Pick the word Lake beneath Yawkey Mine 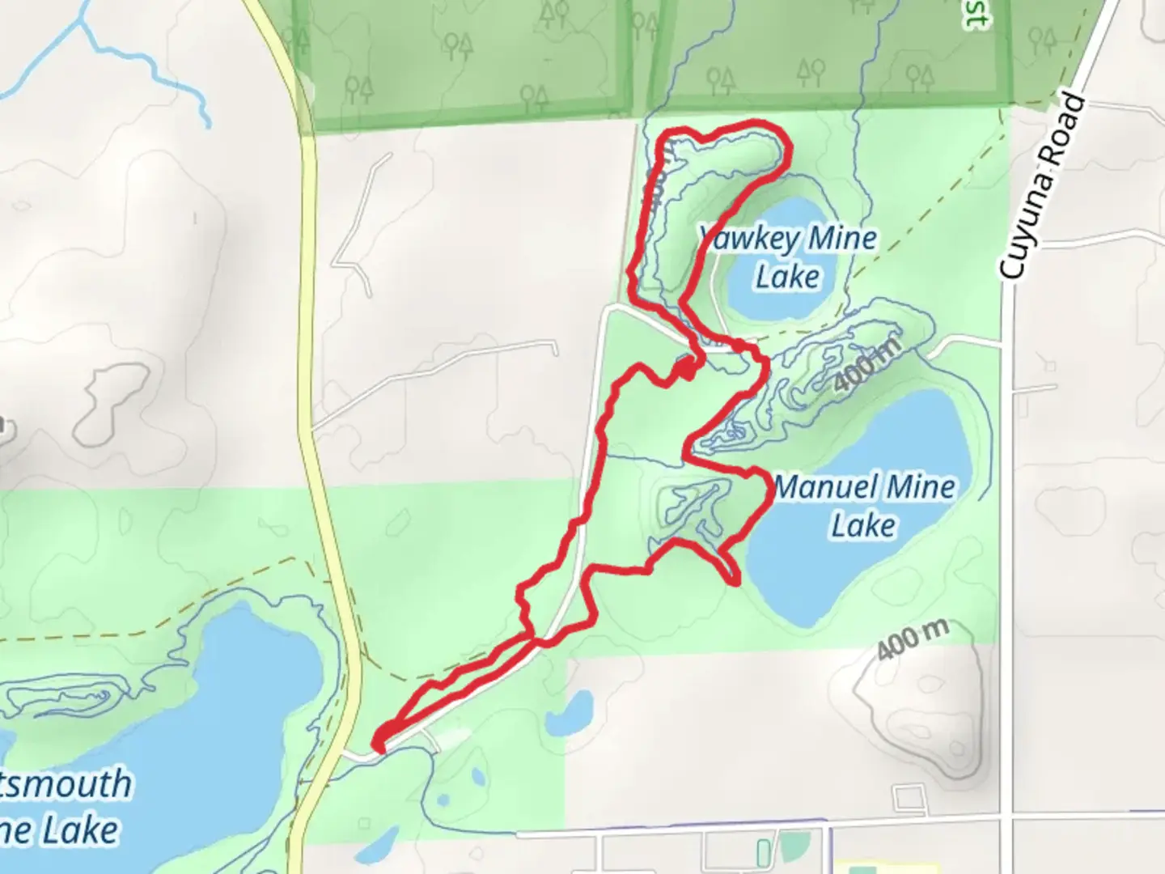[x=787, y=277]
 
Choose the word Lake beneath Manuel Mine [x=863, y=526]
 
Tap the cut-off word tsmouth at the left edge [x=65, y=783]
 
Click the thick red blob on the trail [x=686, y=368]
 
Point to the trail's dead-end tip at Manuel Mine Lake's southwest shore [x=734, y=580]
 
